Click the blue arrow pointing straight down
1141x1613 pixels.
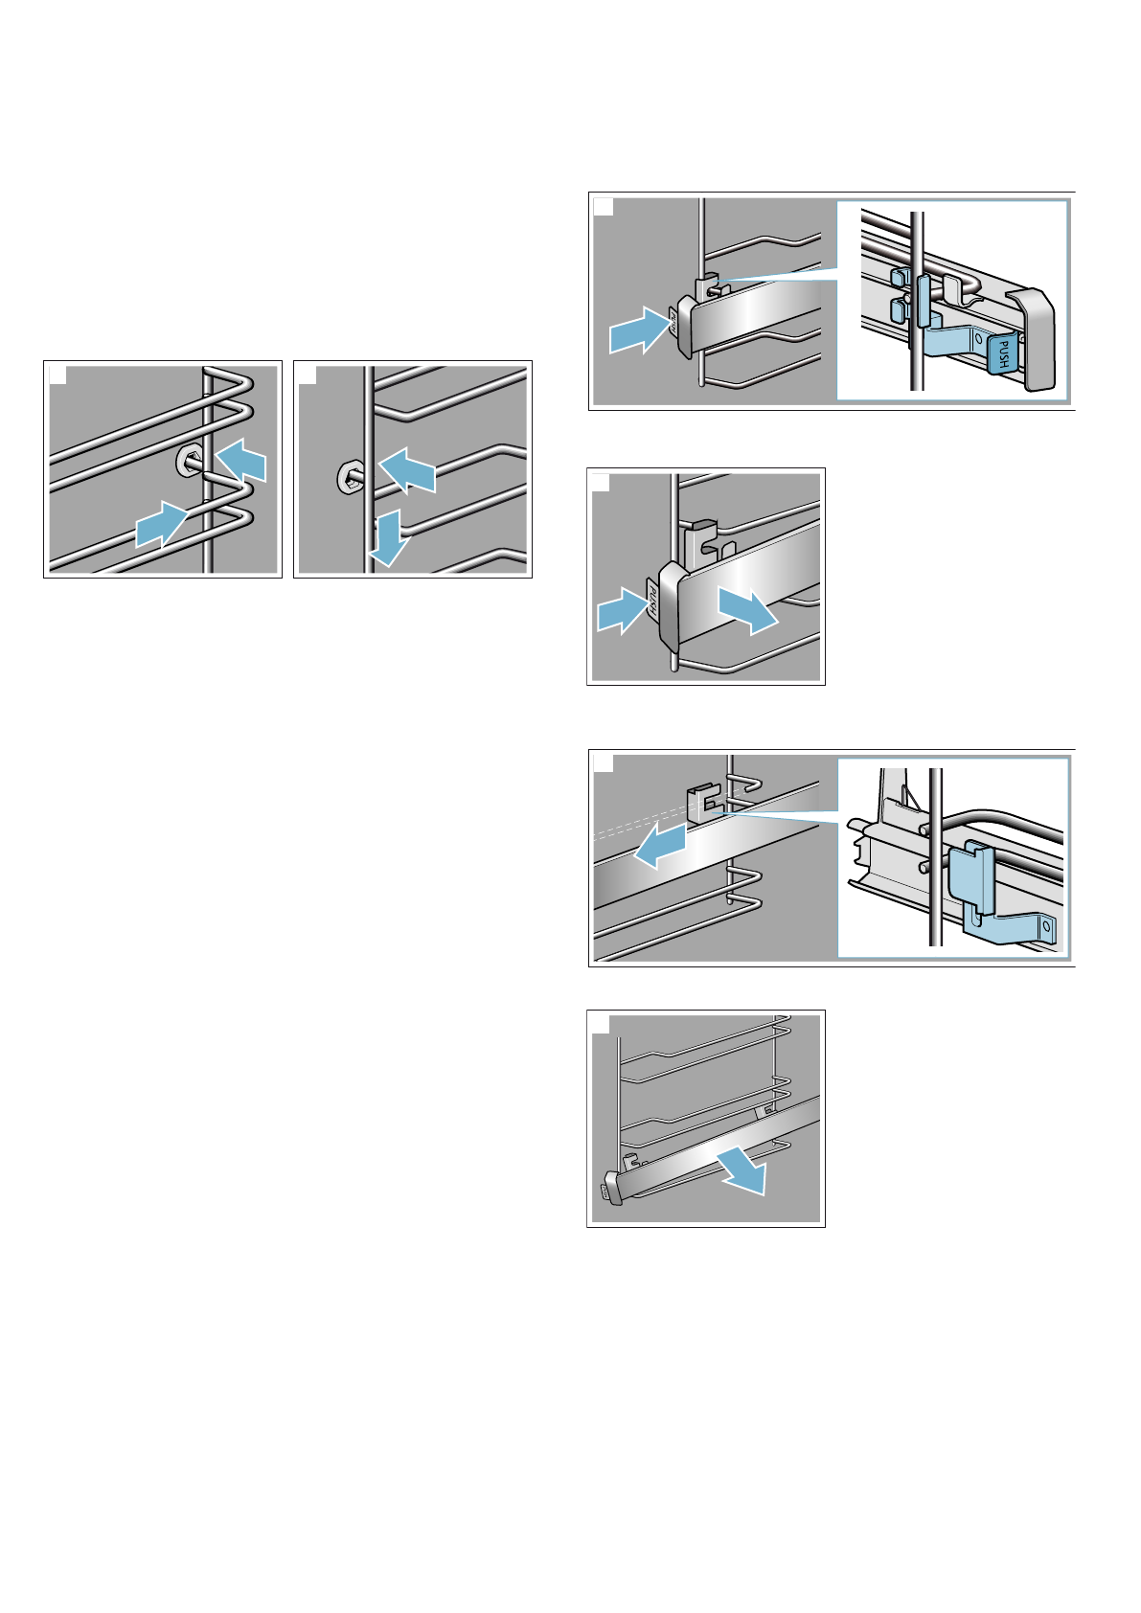[x=389, y=537]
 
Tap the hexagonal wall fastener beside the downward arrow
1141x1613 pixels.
[x=349, y=476]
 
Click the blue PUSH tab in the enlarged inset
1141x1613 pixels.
[x=1002, y=352]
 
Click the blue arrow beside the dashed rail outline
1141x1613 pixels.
[x=661, y=846]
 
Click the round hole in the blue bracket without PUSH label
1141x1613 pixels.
[x=1047, y=927]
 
